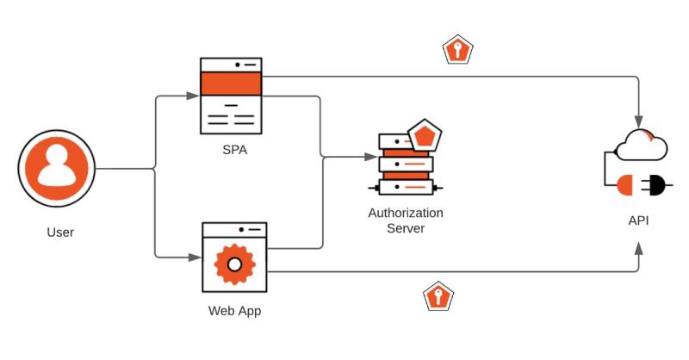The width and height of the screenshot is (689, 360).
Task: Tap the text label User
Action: point(60,233)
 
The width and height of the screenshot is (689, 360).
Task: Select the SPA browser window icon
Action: point(230,96)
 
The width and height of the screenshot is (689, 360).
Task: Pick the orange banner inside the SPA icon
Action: point(230,84)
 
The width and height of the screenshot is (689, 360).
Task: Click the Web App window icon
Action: point(233,255)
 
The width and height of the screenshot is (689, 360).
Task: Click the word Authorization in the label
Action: point(405,213)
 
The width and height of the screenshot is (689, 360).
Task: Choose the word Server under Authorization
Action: point(405,228)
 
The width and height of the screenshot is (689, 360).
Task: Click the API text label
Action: point(638,220)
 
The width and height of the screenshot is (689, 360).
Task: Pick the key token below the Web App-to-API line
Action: point(439,298)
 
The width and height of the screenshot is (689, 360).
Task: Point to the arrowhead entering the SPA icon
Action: point(194,96)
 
